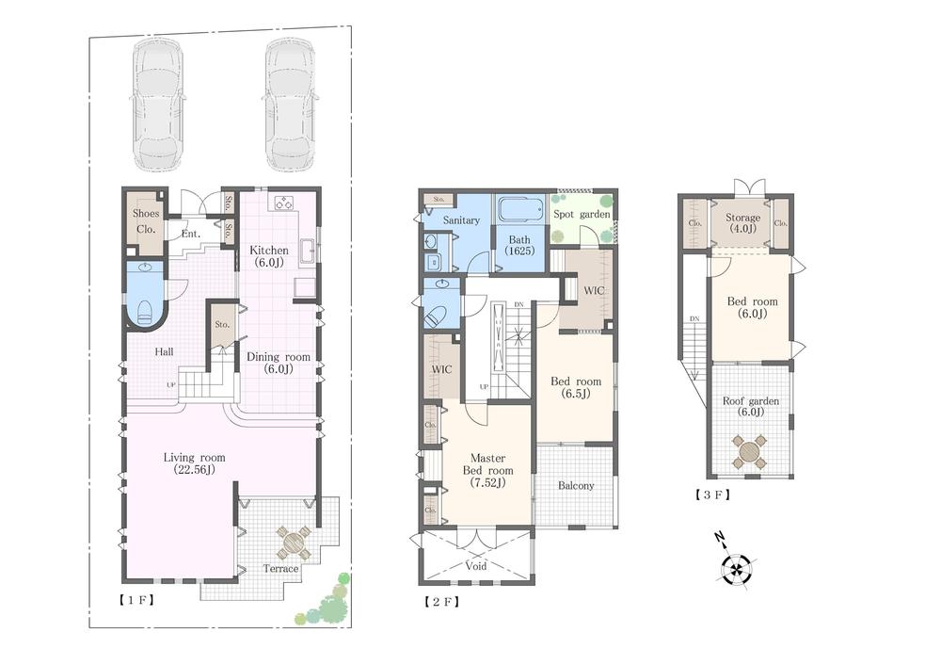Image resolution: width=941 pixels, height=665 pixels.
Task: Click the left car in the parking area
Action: click(159, 105)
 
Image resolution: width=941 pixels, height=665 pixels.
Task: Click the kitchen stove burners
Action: click(284, 203)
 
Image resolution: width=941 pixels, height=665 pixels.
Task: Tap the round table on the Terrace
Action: click(293, 543)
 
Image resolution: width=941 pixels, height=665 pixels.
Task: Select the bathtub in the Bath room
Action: click(520, 209)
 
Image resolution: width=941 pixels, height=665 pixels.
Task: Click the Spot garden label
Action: click(582, 215)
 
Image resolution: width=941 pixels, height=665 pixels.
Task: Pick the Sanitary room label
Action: click(461, 220)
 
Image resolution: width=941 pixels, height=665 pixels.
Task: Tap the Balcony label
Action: click(576, 486)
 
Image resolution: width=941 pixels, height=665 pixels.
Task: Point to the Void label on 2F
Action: click(477, 567)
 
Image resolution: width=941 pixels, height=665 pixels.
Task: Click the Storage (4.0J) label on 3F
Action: click(743, 224)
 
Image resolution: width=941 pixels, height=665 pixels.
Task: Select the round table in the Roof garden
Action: click(750, 451)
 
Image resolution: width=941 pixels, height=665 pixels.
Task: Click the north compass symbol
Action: click(736, 567)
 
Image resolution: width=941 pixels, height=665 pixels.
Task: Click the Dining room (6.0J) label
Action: click(278, 364)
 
